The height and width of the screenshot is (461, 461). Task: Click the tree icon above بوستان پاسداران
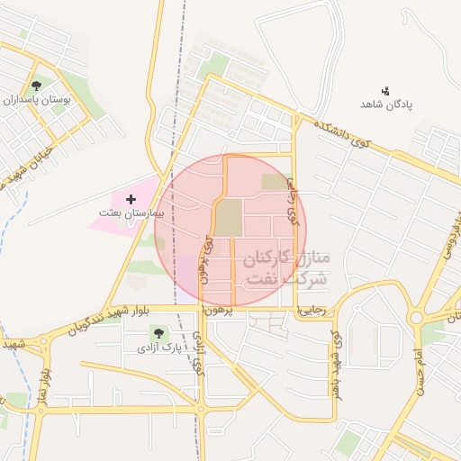[x=36, y=86]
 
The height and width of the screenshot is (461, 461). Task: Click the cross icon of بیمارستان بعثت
[x=131, y=198]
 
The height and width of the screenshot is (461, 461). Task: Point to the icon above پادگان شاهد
[x=385, y=90]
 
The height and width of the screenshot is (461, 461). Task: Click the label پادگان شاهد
[x=386, y=104]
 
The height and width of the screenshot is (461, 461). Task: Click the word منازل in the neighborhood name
[x=306, y=258]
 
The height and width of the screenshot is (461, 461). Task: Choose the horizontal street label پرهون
[x=218, y=310]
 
